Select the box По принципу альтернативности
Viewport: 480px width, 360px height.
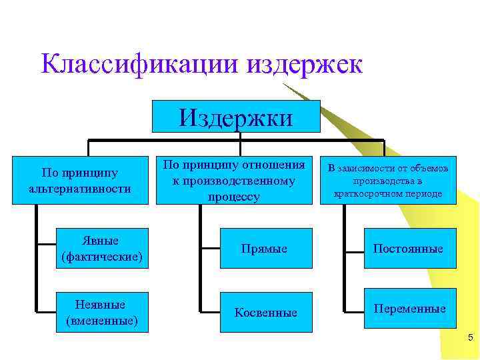[79, 181]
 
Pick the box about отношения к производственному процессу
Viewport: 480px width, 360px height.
[234, 181]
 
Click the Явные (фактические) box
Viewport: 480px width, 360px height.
[102, 248]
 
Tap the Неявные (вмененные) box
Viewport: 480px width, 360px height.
[102, 312]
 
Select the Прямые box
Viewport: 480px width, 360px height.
[265, 249]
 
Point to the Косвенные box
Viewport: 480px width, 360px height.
[265, 312]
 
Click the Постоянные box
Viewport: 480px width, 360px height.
[408, 249]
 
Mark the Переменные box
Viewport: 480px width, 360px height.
[409, 309]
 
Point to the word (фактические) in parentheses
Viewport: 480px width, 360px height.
[102, 256]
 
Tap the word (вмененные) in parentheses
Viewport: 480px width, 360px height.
[102, 321]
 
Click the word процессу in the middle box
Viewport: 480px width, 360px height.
[233, 197]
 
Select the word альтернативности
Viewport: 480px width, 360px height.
[80, 189]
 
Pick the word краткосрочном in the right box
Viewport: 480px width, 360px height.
[370, 193]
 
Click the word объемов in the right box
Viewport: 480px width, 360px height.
[431, 169]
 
